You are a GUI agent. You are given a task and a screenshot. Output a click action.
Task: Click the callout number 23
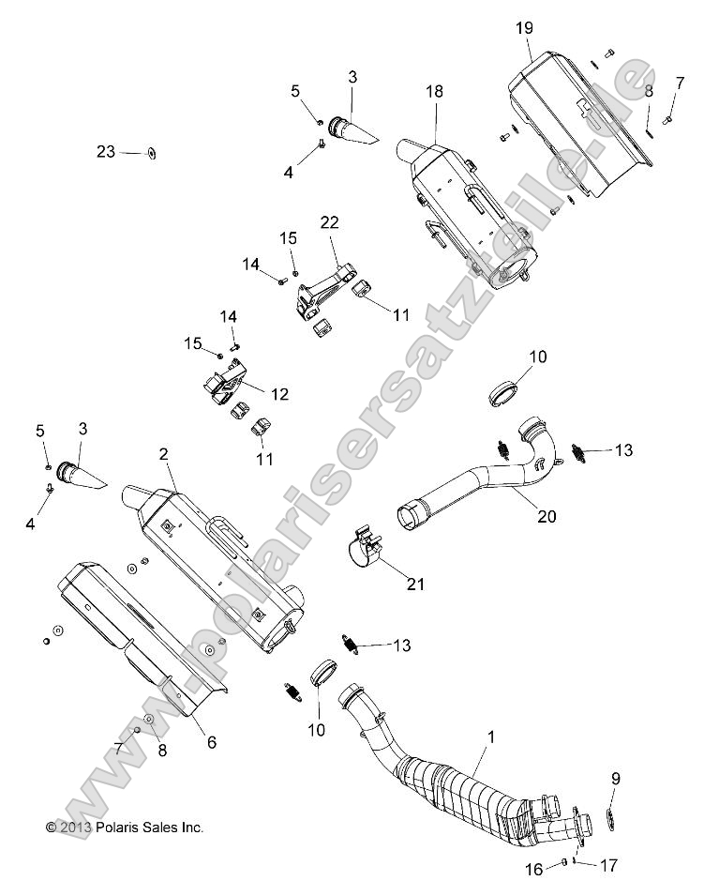[x=105, y=151]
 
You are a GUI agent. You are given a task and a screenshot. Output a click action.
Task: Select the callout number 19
[x=523, y=28]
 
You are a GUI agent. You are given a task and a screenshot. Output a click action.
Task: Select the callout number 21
[x=414, y=584]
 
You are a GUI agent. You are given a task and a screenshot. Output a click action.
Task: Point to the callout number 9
[x=615, y=777]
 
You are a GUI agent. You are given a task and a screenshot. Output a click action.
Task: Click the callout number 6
[x=211, y=742]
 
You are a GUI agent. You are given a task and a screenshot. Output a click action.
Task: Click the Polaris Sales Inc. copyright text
[x=125, y=828]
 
